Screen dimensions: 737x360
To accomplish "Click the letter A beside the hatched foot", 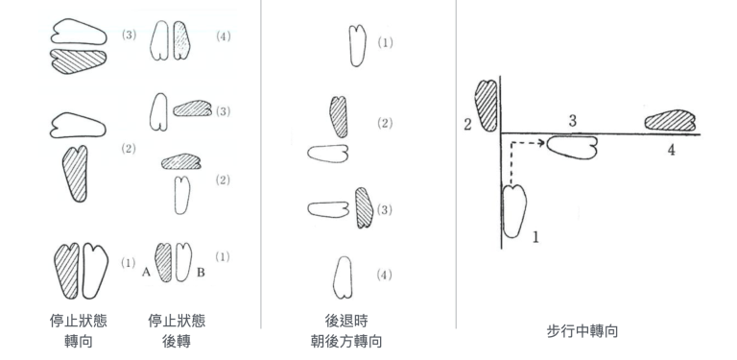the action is (x=146, y=273).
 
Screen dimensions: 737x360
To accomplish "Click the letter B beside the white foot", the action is (x=201, y=273).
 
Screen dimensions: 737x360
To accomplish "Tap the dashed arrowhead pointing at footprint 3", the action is (x=542, y=142).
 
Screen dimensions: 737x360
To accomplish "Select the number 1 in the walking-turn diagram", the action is (x=535, y=237).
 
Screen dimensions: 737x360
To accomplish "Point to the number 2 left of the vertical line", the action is (x=467, y=125).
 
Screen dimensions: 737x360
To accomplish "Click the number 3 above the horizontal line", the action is (x=572, y=121).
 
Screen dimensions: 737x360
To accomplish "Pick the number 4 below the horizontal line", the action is (x=671, y=151).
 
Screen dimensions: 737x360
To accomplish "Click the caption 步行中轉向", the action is (x=582, y=331).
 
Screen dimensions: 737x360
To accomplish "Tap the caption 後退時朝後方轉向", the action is (x=346, y=331).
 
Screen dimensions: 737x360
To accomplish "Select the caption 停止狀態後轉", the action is (x=177, y=331).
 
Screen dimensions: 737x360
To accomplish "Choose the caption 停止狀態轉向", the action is (x=79, y=331).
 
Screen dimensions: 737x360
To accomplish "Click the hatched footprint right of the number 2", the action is (x=486, y=106).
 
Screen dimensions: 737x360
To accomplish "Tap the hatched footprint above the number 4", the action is (x=670, y=120).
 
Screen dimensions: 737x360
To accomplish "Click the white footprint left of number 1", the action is (x=514, y=211).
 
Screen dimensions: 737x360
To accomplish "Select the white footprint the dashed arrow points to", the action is (x=572, y=147).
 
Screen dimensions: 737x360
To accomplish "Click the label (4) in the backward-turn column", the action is (x=385, y=275).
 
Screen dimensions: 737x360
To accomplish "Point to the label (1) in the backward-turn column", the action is (x=385, y=43).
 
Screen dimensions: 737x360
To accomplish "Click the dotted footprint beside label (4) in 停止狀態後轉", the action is (x=182, y=40).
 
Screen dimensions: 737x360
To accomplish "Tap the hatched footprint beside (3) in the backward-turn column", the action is (x=363, y=207).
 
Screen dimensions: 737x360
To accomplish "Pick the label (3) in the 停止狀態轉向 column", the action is (x=129, y=36).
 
